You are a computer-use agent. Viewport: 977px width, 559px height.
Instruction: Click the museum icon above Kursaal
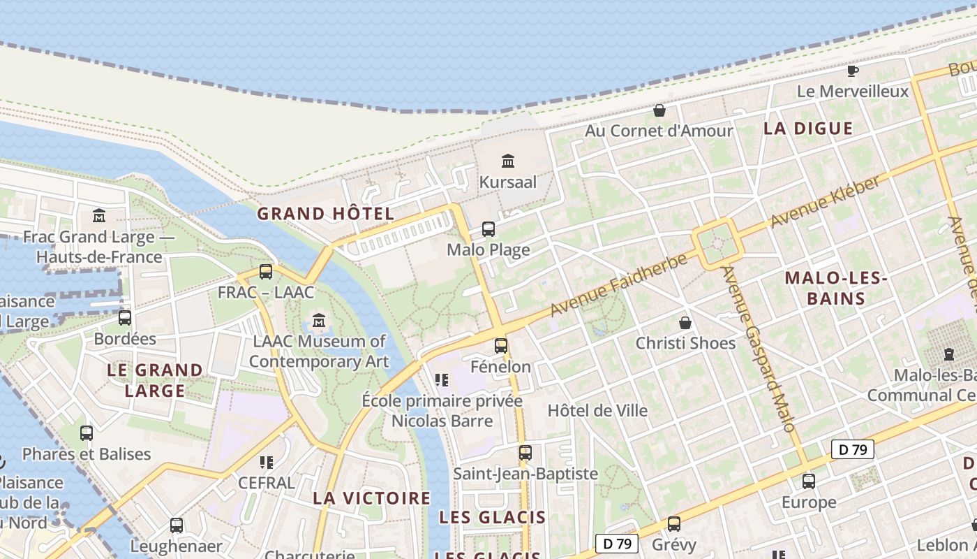point(508,161)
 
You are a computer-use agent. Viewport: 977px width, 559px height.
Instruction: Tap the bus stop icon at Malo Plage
point(488,229)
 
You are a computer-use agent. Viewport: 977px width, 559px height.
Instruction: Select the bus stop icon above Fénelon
point(501,345)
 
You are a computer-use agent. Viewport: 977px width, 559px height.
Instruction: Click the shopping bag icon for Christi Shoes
point(685,323)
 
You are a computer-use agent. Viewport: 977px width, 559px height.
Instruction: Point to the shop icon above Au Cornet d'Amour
point(659,110)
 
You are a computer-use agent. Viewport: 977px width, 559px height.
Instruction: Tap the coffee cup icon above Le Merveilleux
point(852,71)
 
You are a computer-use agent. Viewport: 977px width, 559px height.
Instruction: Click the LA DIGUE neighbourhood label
point(808,129)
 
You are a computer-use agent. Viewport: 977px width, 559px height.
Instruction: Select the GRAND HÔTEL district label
point(326,214)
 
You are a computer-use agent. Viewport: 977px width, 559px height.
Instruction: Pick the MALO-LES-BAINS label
point(835,288)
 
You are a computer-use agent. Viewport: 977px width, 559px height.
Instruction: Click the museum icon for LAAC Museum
point(319,321)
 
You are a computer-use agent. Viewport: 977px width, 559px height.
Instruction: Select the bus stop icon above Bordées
point(125,318)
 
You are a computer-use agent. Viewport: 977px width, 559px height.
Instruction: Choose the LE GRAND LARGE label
point(155,379)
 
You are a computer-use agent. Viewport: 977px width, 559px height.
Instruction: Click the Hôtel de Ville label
point(597,410)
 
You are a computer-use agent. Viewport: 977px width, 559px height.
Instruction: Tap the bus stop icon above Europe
point(808,481)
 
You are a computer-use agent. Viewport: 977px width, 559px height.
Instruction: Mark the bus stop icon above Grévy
point(673,523)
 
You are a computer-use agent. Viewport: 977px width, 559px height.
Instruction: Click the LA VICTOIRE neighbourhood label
point(371,498)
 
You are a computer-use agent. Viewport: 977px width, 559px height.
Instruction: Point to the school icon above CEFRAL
point(266,463)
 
